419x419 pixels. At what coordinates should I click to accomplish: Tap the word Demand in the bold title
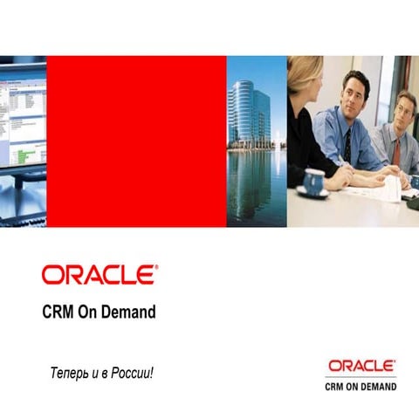point(132,312)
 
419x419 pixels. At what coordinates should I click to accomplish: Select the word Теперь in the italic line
point(69,374)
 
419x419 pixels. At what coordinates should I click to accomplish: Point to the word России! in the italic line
point(132,374)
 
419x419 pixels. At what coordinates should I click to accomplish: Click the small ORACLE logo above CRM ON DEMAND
point(361,365)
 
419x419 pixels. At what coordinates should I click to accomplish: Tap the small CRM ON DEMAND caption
point(361,385)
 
